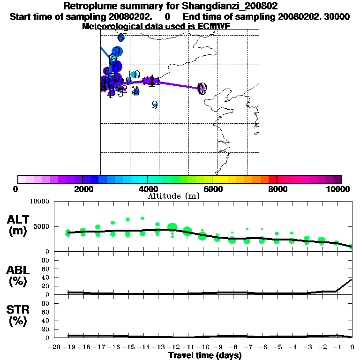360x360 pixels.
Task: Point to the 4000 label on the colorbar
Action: click(x=147, y=189)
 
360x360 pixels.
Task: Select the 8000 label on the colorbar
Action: click(x=277, y=189)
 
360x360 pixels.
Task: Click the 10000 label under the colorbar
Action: click(x=339, y=189)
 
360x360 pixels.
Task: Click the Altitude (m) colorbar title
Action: click(x=174, y=196)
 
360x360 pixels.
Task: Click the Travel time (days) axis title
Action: click(x=205, y=356)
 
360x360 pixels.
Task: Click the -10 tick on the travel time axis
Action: click(x=203, y=347)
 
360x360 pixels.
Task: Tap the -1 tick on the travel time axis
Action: click(x=337, y=347)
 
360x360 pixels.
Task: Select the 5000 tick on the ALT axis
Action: click(x=42, y=227)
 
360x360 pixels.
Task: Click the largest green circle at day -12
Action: click(x=172, y=228)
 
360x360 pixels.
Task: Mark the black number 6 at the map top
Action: click(x=121, y=37)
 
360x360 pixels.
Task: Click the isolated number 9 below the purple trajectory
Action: click(x=154, y=105)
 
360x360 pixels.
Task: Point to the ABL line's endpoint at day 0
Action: click(x=352, y=279)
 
